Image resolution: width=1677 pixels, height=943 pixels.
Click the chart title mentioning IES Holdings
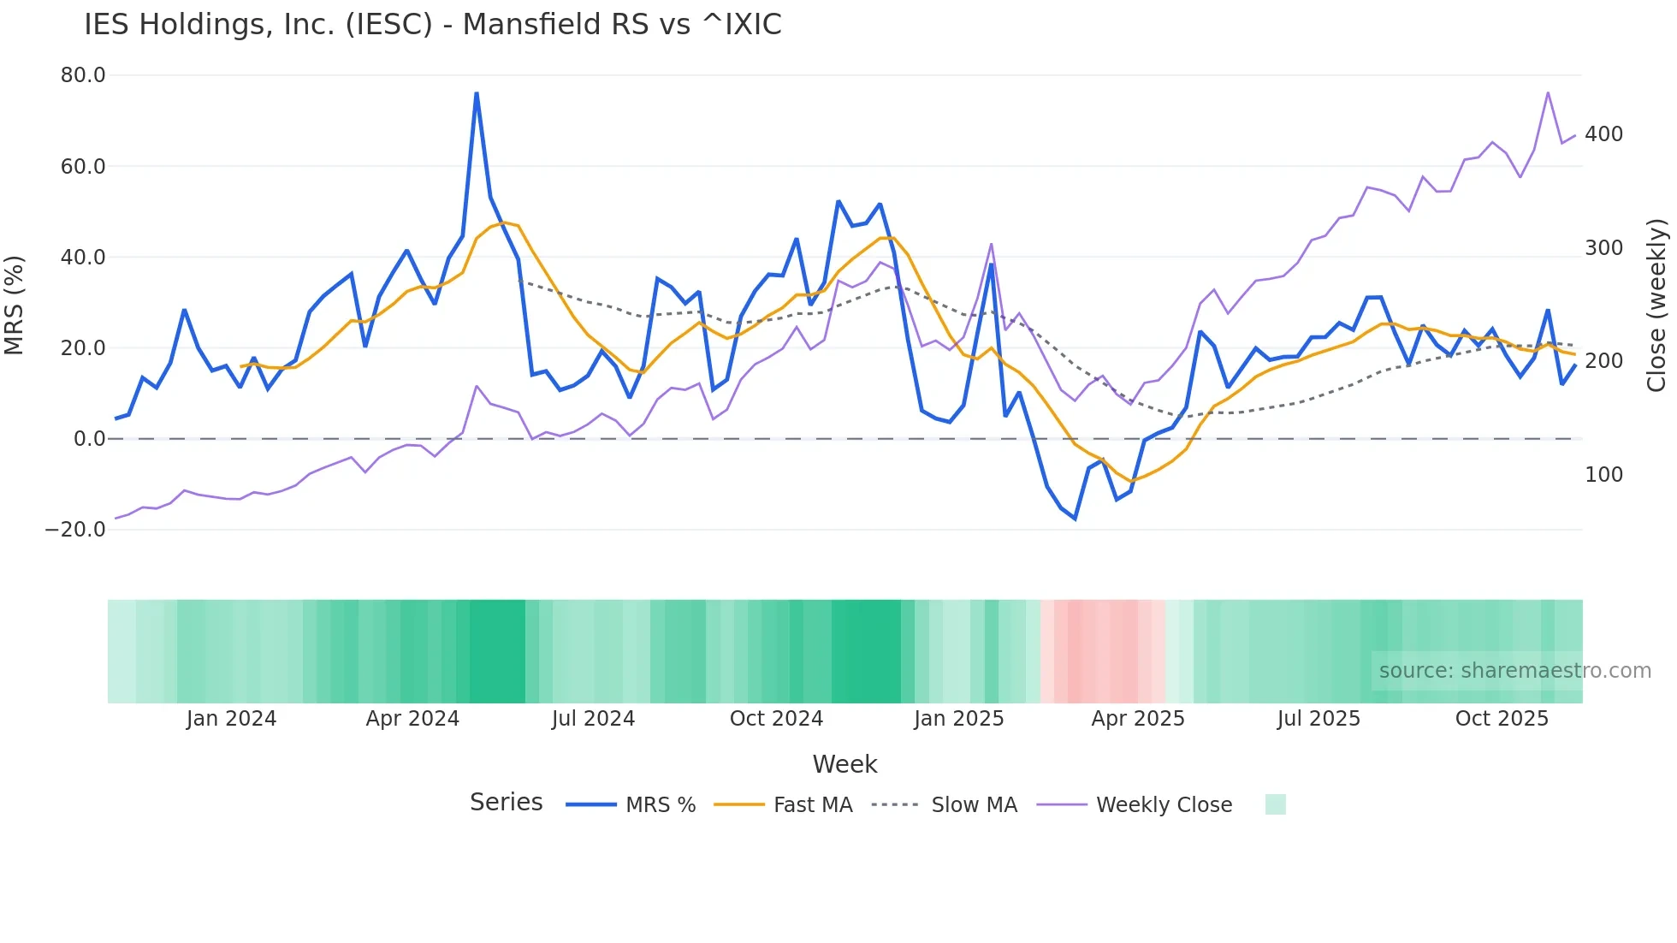click(432, 25)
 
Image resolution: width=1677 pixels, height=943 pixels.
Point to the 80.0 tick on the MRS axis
click(83, 75)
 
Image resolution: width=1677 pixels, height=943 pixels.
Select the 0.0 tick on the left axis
click(89, 439)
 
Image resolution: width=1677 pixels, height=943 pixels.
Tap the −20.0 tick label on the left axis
click(75, 530)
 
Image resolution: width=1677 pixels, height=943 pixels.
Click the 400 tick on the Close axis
click(1603, 134)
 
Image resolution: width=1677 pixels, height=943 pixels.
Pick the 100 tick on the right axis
click(1603, 475)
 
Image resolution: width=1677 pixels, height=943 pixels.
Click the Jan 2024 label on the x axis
click(231, 719)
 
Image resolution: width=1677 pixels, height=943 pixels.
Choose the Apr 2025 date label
click(1138, 719)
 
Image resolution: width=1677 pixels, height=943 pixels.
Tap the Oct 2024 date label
click(776, 719)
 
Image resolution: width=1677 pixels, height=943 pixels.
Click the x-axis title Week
click(844, 764)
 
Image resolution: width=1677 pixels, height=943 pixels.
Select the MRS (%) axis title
click(15, 305)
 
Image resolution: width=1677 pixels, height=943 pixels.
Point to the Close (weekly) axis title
click(1656, 305)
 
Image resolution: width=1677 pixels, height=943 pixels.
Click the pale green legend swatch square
click(1275, 804)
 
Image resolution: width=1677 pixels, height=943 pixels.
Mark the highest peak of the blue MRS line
click(477, 93)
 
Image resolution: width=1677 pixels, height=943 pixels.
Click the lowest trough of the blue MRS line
click(1076, 519)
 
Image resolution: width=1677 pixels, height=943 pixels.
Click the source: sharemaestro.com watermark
click(1514, 671)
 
